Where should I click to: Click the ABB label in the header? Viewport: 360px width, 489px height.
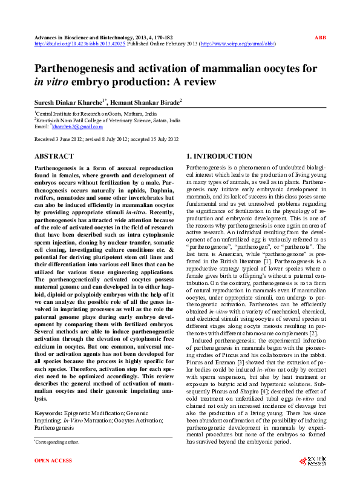coord(320,38)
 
